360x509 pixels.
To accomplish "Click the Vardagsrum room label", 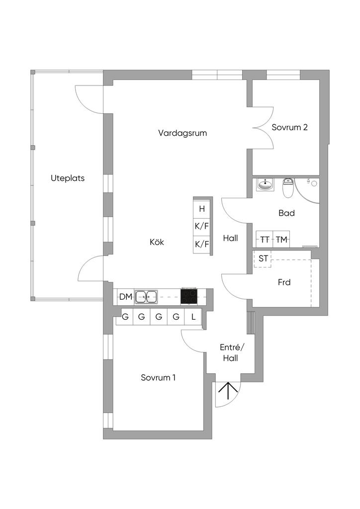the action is pyautogui.click(x=182, y=133).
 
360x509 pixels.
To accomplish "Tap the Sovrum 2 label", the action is pyautogui.click(x=289, y=127).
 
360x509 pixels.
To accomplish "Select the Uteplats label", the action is pyautogui.click(x=68, y=178).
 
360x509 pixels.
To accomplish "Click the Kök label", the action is pyautogui.click(x=157, y=242).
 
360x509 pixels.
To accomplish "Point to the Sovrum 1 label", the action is pyautogui.click(x=158, y=378).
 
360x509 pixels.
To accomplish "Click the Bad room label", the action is pyautogui.click(x=286, y=213).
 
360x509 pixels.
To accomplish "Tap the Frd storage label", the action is pyautogui.click(x=284, y=282).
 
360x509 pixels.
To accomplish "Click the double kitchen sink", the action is pyautogui.click(x=146, y=297).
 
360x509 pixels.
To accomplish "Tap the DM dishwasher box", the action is pyautogui.click(x=126, y=297).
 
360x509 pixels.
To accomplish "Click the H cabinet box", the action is pyautogui.click(x=202, y=209).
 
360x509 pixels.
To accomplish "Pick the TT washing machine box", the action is pyautogui.click(x=265, y=240).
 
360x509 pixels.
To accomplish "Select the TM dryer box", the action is pyautogui.click(x=281, y=240).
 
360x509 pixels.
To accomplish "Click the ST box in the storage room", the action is pyautogui.click(x=263, y=258).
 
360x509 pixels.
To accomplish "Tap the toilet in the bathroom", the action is pyautogui.click(x=287, y=187).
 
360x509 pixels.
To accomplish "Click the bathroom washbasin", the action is pyautogui.click(x=266, y=184).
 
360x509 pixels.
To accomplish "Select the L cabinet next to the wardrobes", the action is pyautogui.click(x=193, y=317).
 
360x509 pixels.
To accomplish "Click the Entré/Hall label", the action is pyautogui.click(x=231, y=353).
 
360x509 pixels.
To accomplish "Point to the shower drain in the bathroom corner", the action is pyautogui.click(x=314, y=183).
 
